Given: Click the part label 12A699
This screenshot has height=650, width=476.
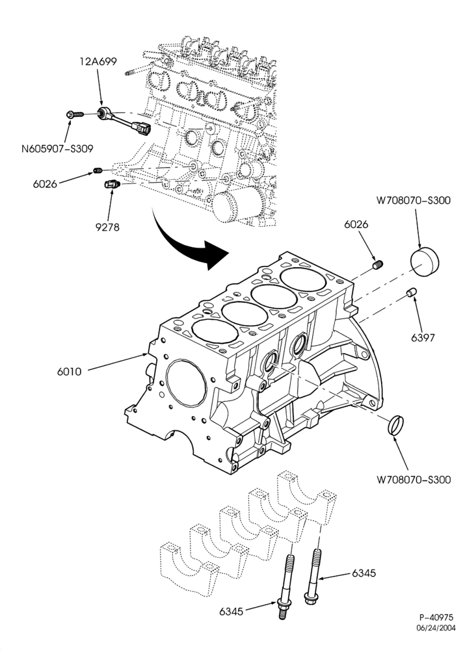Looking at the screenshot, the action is click(98, 61).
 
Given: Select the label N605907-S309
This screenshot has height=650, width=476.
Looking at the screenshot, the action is click(57, 148).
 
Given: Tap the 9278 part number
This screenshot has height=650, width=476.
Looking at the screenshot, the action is click(107, 227).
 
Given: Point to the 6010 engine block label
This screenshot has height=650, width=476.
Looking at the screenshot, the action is click(69, 371).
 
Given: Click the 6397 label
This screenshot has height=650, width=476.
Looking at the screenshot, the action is click(423, 338).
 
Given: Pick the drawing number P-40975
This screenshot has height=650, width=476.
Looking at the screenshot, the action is click(436, 617).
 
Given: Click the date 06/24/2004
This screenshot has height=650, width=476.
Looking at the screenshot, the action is click(436, 628).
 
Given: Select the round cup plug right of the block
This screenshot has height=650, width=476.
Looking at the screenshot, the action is click(425, 263).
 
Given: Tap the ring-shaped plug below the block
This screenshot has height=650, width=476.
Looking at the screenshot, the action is click(395, 425).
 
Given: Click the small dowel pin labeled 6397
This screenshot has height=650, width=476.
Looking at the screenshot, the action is click(412, 292).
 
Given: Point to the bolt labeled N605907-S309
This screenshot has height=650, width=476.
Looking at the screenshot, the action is click(75, 114).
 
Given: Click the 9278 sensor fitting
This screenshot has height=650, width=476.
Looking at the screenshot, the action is click(111, 183).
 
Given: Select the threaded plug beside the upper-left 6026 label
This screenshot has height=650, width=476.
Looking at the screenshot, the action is click(98, 170).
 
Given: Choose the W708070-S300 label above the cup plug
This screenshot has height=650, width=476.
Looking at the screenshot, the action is click(414, 200).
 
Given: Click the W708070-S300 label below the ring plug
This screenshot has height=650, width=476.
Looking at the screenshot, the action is click(414, 480).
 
